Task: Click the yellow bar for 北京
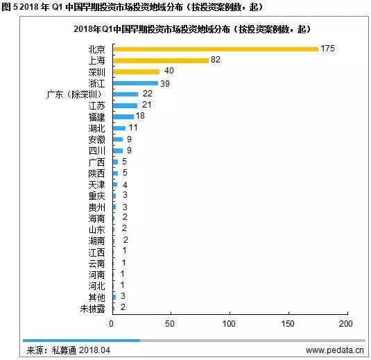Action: pyautogui.click(x=216, y=49)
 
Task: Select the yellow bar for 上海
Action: pyautogui.click(x=161, y=60)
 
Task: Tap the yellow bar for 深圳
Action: pyautogui.click(x=137, y=71)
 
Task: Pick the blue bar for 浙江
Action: pyautogui.click(x=136, y=83)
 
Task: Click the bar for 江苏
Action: pyautogui.click(x=125, y=105)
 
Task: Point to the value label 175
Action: pyautogui.click(x=328, y=49)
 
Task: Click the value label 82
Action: pyautogui.click(x=216, y=60)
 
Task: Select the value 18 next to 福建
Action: pyautogui.click(x=140, y=116)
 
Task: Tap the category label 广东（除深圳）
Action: pyautogui.click(x=74, y=94)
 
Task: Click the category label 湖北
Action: pyautogui.click(x=97, y=128)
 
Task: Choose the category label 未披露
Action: pyautogui.click(x=92, y=309)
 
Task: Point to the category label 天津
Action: pyautogui.click(x=97, y=185)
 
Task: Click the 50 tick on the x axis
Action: pyautogui.click(x=170, y=323)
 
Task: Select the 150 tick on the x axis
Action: pyautogui.click(x=288, y=323)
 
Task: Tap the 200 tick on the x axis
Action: pyautogui.click(x=345, y=323)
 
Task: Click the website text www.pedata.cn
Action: pyautogui.click(x=334, y=350)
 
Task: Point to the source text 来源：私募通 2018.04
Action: pyautogui.click(x=69, y=350)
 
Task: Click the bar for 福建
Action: pyautogui.click(x=123, y=117)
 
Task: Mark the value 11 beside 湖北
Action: pyautogui.click(x=133, y=128)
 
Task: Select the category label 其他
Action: pyautogui.click(x=97, y=298)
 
